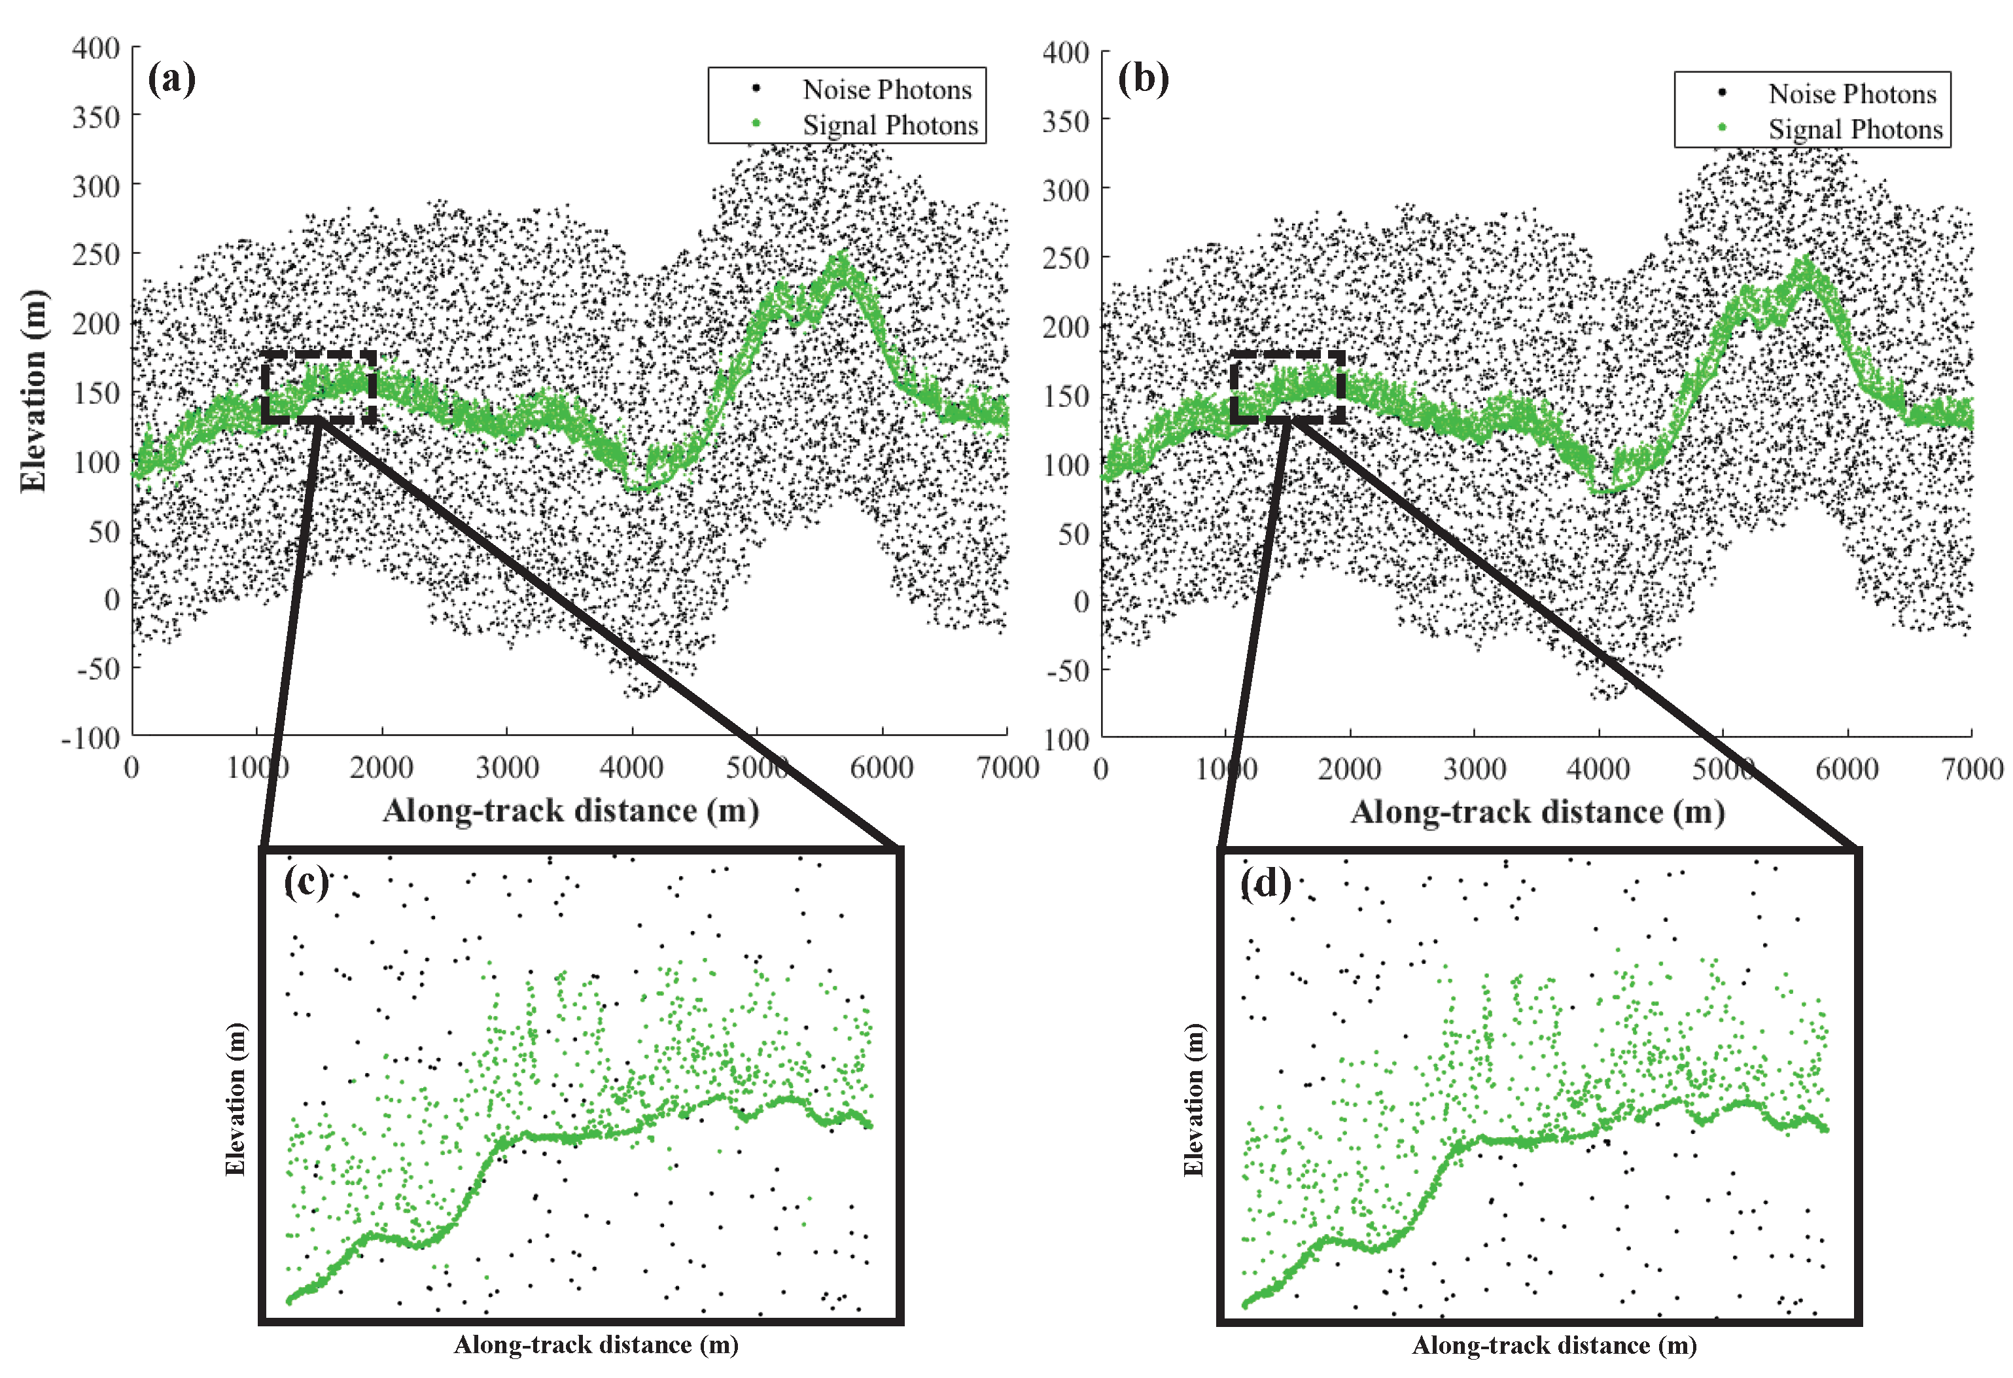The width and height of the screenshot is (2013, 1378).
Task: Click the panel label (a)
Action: pyautogui.click(x=171, y=80)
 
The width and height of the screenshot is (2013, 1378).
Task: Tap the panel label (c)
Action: pyautogui.click(x=307, y=883)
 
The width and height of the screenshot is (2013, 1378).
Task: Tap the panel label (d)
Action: pyautogui.click(x=1265, y=884)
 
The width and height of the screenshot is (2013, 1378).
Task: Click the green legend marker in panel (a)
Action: pyautogui.click(x=756, y=124)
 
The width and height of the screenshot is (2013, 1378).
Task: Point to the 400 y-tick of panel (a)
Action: pyautogui.click(x=96, y=48)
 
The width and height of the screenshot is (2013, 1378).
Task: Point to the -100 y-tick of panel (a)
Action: pyautogui.click(x=90, y=739)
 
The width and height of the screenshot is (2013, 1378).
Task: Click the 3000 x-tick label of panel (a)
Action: pyautogui.click(x=507, y=768)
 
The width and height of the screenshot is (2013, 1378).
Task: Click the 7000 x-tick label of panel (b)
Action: pyautogui.click(x=1971, y=769)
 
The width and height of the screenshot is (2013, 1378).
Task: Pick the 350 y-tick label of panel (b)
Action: pyautogui.click(x=1066, y=121)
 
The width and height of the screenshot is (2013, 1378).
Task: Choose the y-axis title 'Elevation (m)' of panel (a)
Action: pyautogui.click(x=33, y=391)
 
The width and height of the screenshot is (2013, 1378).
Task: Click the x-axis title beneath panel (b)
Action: pyautogui.click(x=1537, y=813)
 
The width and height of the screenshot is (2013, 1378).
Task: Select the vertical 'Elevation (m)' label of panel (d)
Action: pyautogui.click(x=1193, y=1099)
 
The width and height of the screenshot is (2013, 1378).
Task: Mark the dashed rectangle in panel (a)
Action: pyautogui.click(x=319, y=387)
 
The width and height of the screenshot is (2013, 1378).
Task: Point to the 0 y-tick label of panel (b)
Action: pyautogui.click(x=1081, y=602)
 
